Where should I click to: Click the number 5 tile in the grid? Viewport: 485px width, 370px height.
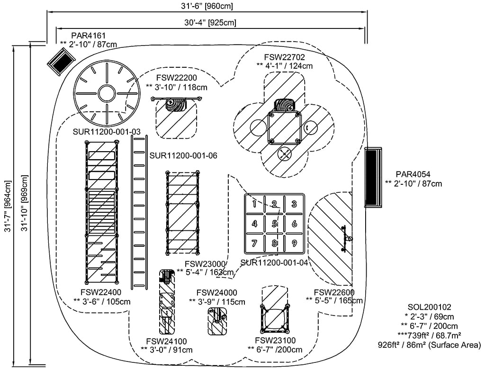point(274,223)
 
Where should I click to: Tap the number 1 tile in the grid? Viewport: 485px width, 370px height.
point(254,204)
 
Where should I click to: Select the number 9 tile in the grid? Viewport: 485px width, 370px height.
point(294,243)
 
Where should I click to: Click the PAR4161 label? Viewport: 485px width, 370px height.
point(89,36)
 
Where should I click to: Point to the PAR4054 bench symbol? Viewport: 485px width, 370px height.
point(373,177)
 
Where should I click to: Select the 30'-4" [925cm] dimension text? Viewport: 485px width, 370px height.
point(210,23)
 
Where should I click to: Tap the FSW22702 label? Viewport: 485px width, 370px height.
point(284,57)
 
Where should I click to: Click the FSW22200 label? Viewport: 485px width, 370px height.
point(176,78)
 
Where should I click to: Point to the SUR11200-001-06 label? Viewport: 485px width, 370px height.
point(183,155)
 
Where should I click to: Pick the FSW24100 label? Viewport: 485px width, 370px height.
point(166,341)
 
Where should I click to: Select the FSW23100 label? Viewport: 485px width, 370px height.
point(275,340)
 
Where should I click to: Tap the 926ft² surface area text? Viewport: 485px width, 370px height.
point(429,345)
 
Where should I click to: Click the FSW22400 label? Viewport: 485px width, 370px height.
point(101,292)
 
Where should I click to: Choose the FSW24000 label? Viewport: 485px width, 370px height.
point(217,293)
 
